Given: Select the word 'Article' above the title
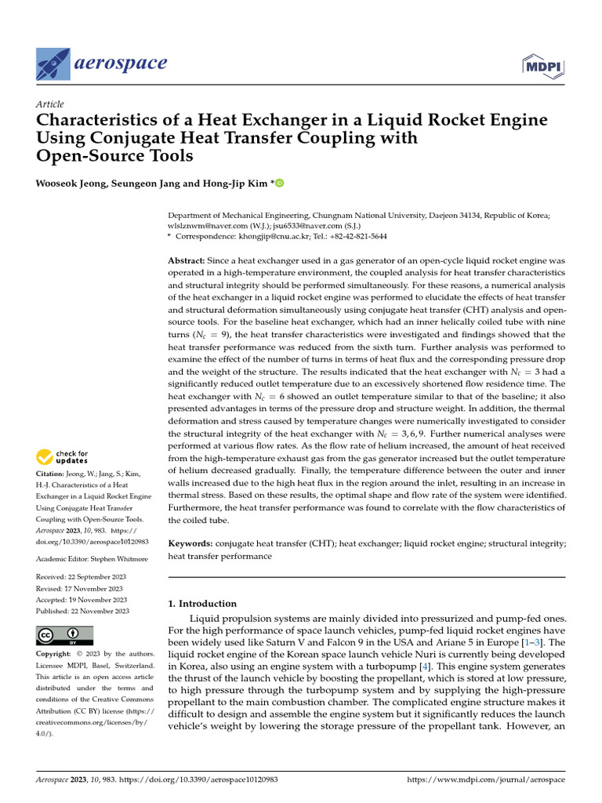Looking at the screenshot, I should tap(50, 104).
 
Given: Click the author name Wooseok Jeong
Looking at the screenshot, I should tap(72, 183).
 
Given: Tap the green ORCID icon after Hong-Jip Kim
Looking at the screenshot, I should tap(279, 183).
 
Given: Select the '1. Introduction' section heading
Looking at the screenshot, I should tap(203, 604).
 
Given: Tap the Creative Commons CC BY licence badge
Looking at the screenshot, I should tap(64, 634).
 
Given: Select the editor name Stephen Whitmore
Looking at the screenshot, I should tap(105, 558).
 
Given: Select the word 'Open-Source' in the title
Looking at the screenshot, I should tap(85, 155).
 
